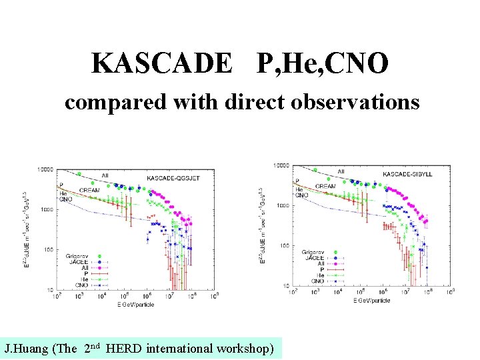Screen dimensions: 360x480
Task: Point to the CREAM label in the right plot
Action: pyautogui.click(x=325, y=186)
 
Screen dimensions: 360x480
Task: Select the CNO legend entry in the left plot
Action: pyautogui.click(x=81, y=283)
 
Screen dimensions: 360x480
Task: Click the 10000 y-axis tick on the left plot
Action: pyautogui.click(x=45, y=169)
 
